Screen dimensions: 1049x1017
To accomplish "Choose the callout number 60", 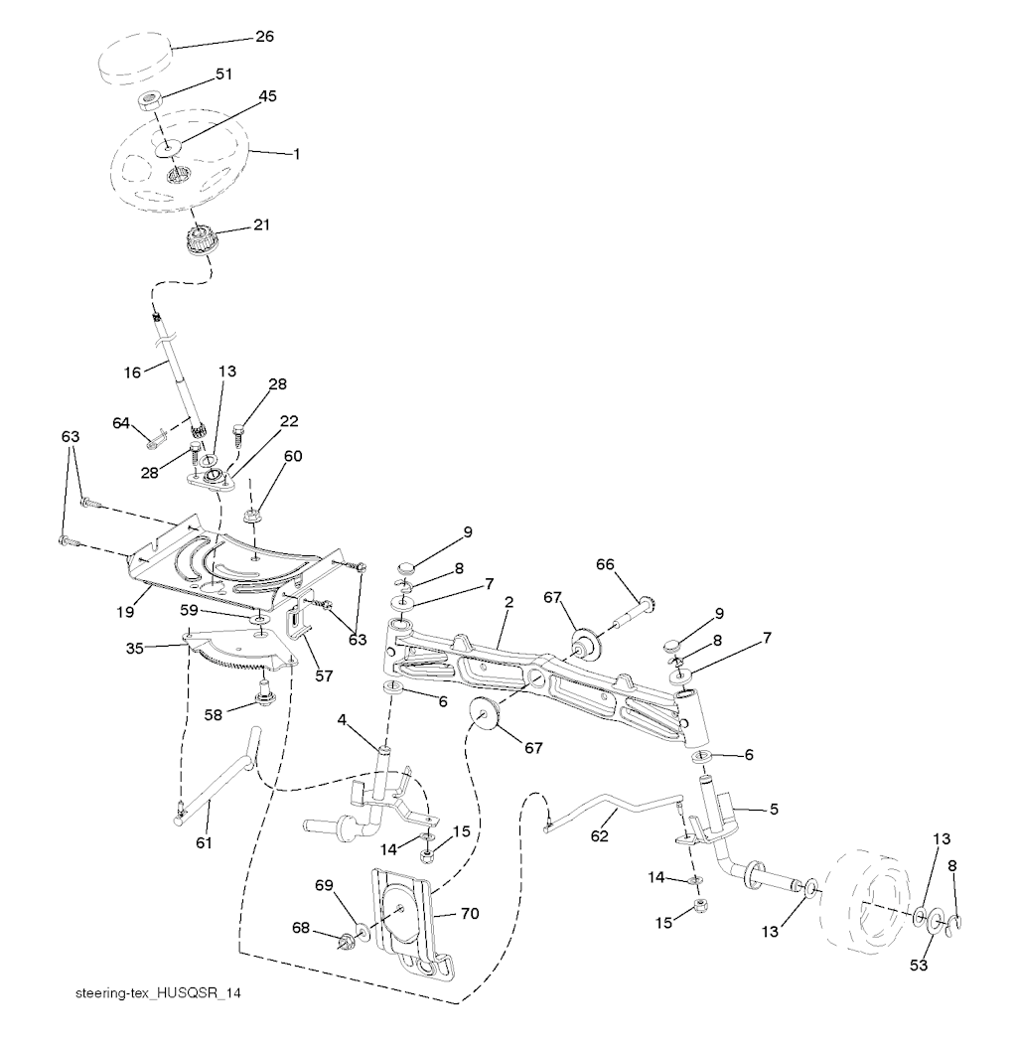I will (265, 456).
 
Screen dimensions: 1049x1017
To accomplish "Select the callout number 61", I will (203, 842).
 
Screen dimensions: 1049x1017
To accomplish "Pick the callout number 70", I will (469, 913).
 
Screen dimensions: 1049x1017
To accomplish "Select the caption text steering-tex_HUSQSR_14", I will (157, 993).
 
